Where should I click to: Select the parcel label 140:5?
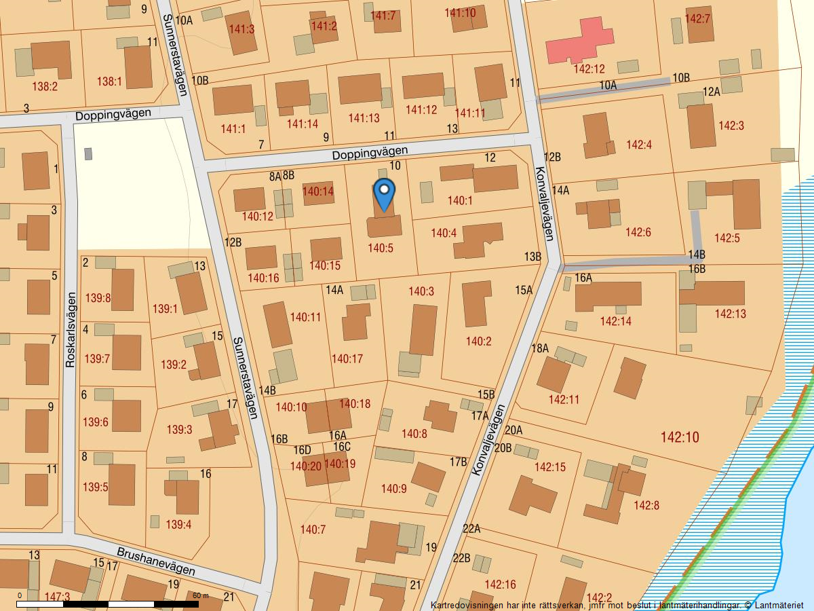381,248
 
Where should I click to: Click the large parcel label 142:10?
679,437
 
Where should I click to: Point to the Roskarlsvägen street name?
70,330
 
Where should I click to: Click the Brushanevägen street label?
156,561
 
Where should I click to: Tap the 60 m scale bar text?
201,596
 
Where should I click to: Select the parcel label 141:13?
364,118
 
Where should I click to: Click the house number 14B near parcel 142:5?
697,255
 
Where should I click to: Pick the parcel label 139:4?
178,524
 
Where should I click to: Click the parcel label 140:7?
313,529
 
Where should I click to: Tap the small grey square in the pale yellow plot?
88,154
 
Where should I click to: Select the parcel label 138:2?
45,87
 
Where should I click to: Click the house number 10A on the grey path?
608,86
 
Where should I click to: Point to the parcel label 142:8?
646,505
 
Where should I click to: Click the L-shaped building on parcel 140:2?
476,303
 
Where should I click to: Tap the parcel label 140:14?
317,192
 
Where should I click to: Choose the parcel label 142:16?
500,584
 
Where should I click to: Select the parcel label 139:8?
98,297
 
